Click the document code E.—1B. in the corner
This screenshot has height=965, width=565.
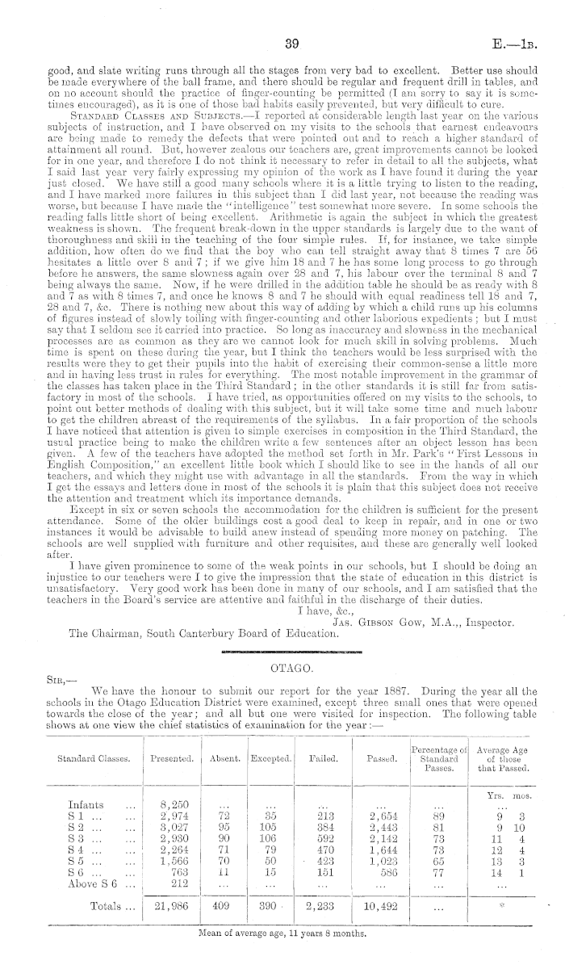tap(528, 42)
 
